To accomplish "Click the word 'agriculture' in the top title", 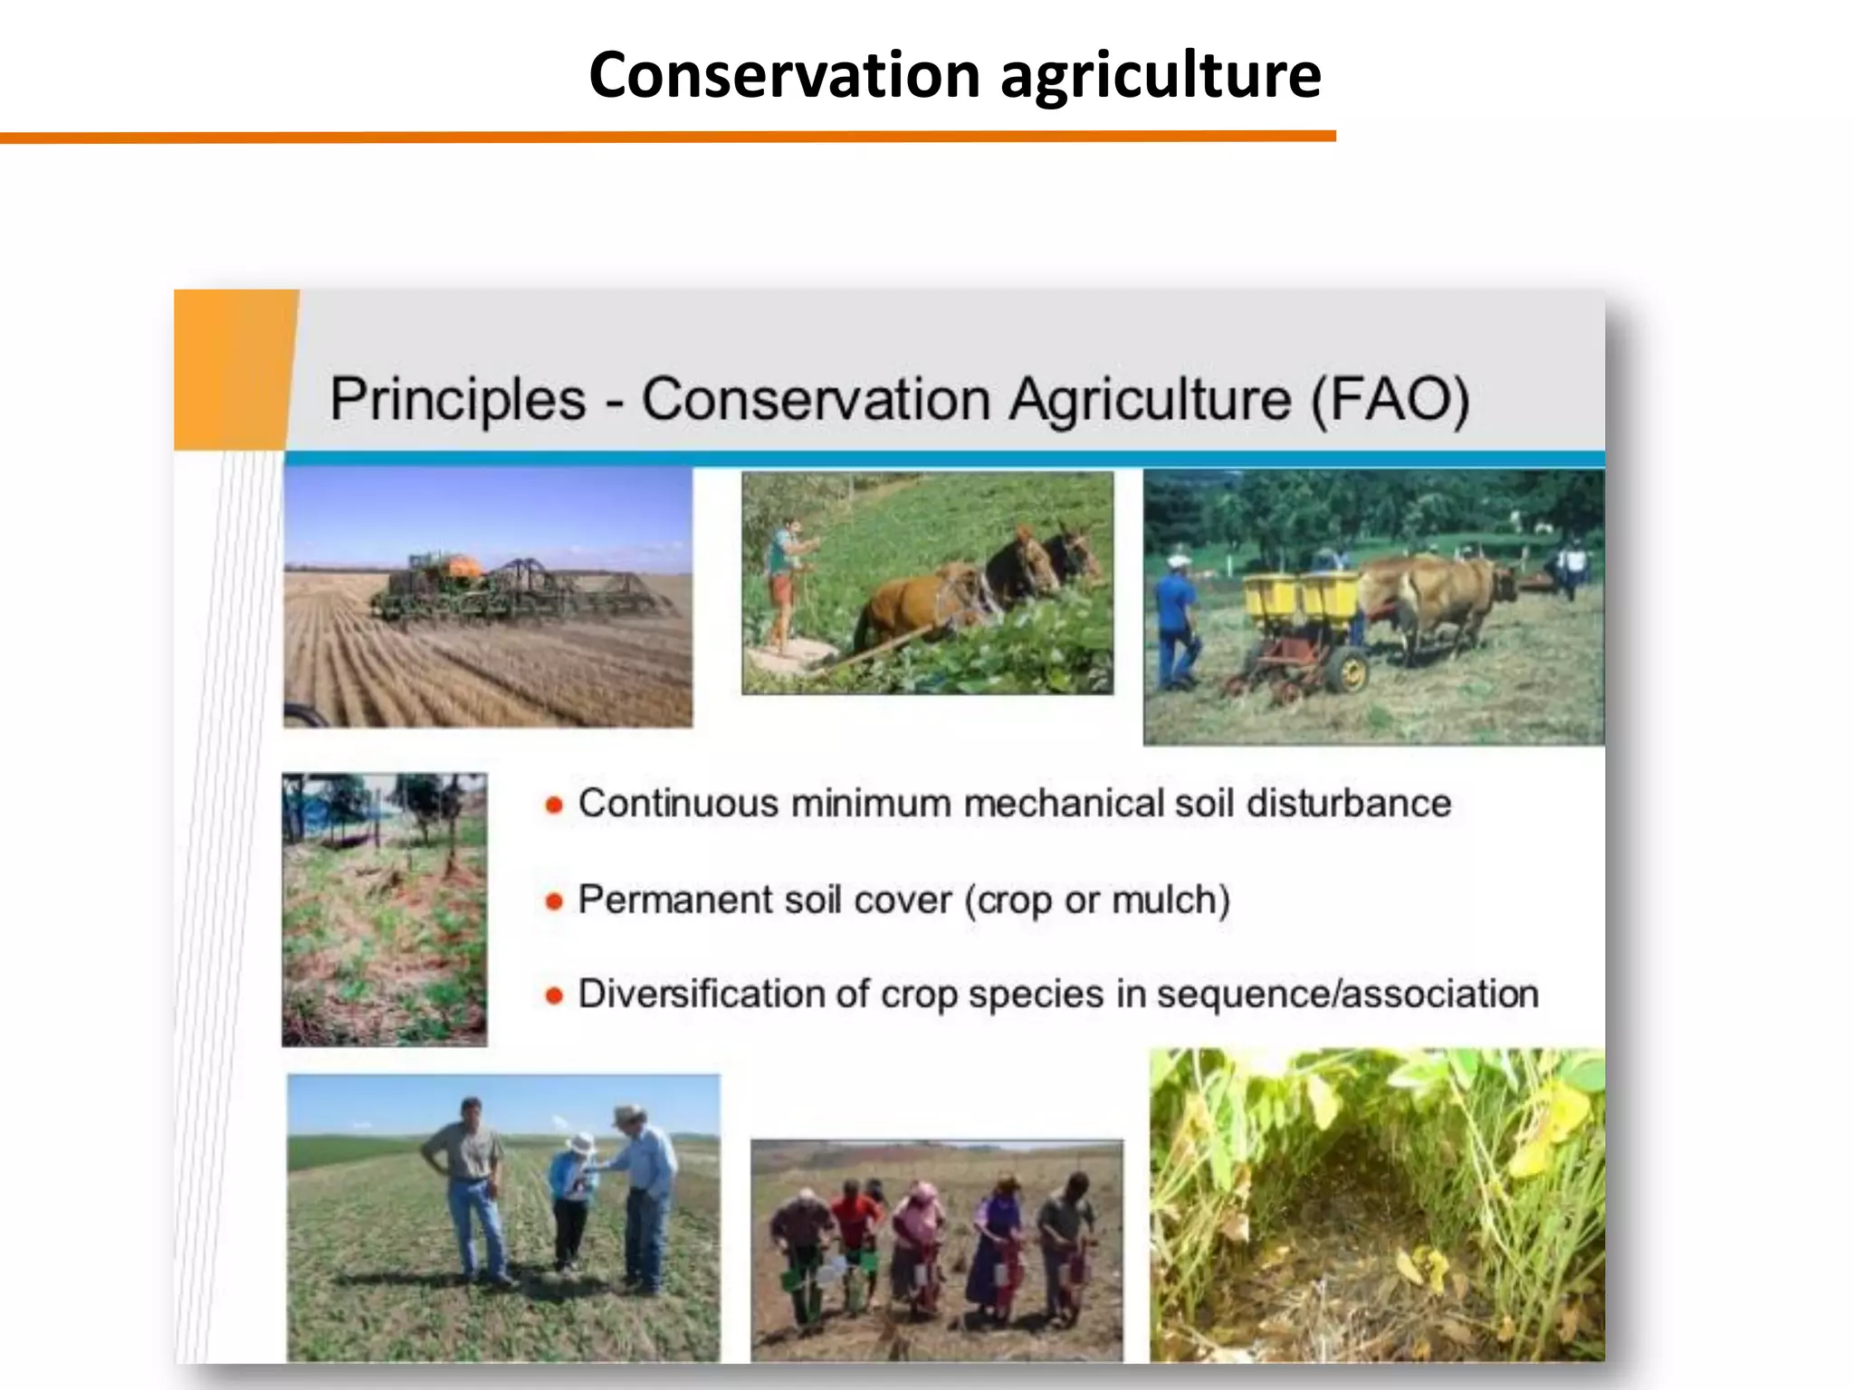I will pos(1161,76).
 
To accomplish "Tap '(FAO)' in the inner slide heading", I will pos(1390,399).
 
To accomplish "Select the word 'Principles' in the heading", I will pos(458,399).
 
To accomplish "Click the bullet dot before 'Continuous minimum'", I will pos(554,804).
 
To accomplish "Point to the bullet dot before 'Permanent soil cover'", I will pos(554,901).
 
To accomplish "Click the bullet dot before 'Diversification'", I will pos(554,996).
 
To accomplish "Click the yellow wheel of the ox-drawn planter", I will pos(1351,671).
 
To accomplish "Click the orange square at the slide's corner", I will pos(234,369).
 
